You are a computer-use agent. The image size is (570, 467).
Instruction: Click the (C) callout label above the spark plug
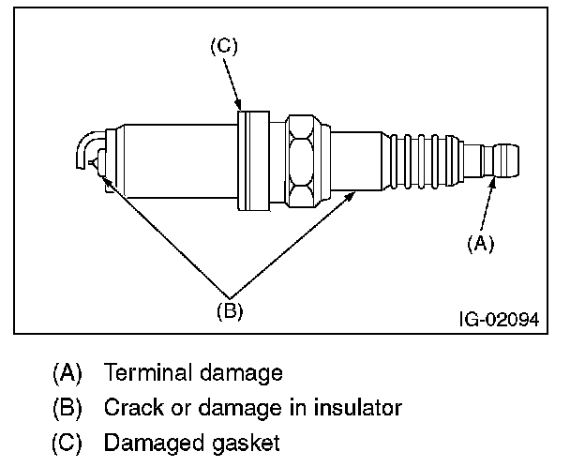(224, 47)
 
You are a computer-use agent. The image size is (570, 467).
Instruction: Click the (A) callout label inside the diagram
(481, 243)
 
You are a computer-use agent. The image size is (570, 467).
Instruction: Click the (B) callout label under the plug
(230, 311)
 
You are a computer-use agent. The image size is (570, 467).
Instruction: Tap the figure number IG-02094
(500, 320)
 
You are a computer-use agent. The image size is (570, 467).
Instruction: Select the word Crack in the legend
(134, 407)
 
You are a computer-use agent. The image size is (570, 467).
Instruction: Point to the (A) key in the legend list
(67, 373)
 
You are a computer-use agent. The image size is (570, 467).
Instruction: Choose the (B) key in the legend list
(67, 408)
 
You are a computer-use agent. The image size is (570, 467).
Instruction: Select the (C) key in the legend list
(67, 444)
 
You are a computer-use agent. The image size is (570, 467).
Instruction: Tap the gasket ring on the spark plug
(253, 160)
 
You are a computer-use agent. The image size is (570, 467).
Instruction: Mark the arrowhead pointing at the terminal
(492, 183)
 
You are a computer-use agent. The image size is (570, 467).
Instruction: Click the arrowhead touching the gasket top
(238, 105)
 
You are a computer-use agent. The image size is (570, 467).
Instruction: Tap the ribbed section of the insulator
(422, 161)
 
